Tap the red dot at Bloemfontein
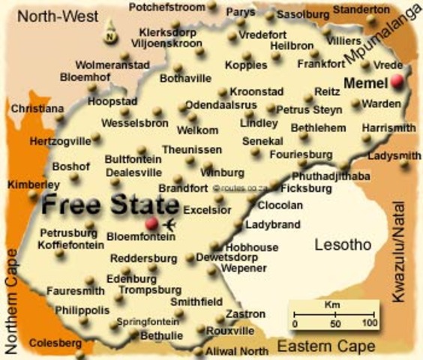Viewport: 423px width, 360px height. coord(151,223)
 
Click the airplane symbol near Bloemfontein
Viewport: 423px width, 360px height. coord(169,224)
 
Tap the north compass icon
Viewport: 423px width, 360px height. coord(110,33)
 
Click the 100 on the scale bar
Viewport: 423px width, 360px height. coord(369,323)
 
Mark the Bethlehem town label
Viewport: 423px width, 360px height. coord(316,127)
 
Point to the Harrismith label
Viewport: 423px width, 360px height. coord(388,128)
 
